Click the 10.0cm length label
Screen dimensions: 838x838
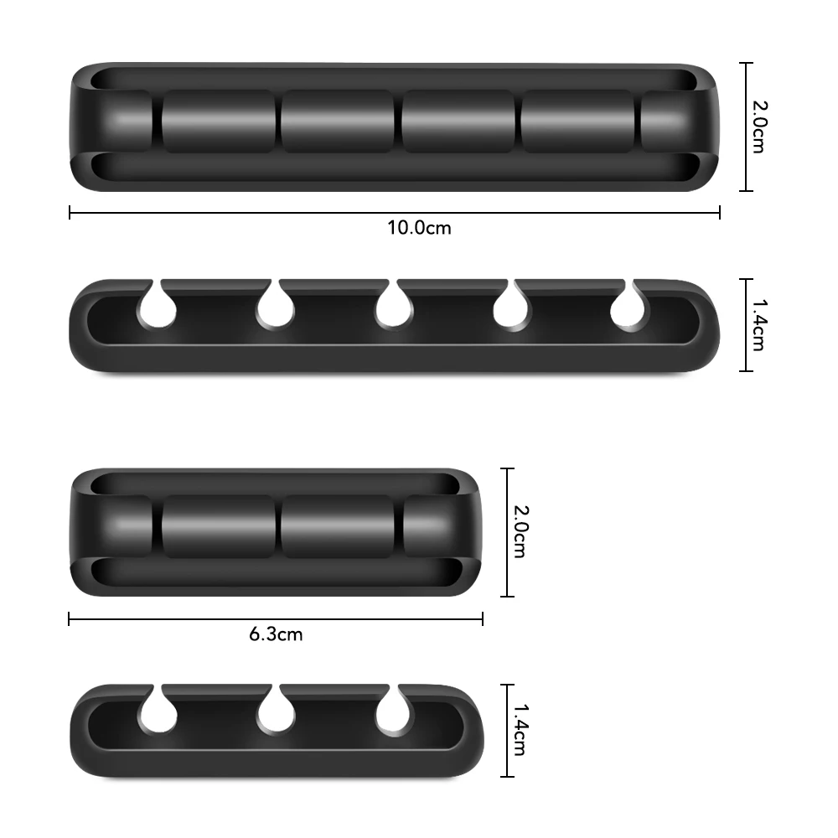pyautogui.click(x=419, y=227)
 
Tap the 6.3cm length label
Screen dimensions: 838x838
pyautogui.click(x=276, y=634)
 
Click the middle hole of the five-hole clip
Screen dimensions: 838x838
pyautogui.click(x=394, y=310)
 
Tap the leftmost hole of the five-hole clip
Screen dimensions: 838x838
pyautogui.click(x=158, y=310)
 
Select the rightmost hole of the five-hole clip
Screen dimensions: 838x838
pyautogui.click(x=629, y=310)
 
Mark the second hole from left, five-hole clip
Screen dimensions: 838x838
pyautogui.click(x=276, y=310)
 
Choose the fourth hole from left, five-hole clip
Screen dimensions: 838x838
pyautogui.click(x=511, y=310)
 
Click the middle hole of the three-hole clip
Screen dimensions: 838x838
pyautogui.click(x=276, y=715)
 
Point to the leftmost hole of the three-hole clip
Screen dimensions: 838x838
pyautogui.click(x=158, y=715)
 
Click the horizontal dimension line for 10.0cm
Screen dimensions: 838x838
pyautogui.click(x=251, y=213)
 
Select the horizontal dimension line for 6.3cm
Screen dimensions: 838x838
pyautogui.click(x=168, y=619)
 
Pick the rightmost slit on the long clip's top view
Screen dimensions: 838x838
pyautogui.click(x=636, y=122)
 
